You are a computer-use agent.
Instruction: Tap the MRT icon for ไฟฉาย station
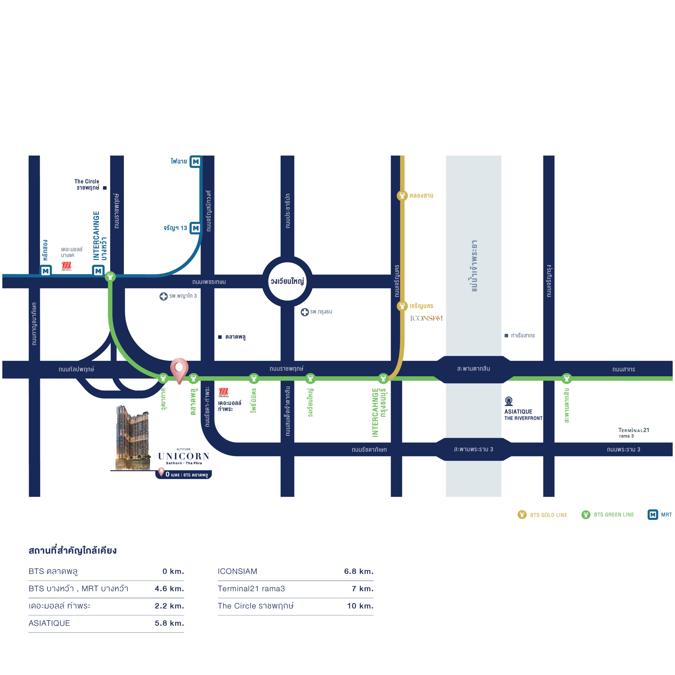tap(196, 161)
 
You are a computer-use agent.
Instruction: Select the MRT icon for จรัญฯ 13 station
tap(196, 228)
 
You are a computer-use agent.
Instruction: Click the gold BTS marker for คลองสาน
tap(402, 196)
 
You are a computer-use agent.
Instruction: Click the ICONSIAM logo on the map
tap(426, 318)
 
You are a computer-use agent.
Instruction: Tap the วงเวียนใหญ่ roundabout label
tap(287, 281)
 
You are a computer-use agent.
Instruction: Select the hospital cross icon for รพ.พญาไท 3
tap(163, 296)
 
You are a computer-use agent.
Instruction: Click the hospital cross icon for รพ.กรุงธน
tap(305, 312)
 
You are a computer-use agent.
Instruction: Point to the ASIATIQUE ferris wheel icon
tap(509, 401)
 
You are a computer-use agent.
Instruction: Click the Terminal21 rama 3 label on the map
tap(633, 432)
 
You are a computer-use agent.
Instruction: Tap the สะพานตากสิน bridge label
tap(473, 369)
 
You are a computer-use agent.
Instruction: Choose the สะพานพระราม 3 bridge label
tap(473, 449)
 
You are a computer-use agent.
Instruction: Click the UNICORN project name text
tap(184, 456)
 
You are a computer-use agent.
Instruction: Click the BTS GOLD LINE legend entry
tap(542, 515)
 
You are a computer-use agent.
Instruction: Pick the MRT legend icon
tap(653, 515)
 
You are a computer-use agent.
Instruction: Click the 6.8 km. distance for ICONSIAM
tap(359, 571)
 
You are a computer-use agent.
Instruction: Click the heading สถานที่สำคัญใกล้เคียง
tap(73, 550)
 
